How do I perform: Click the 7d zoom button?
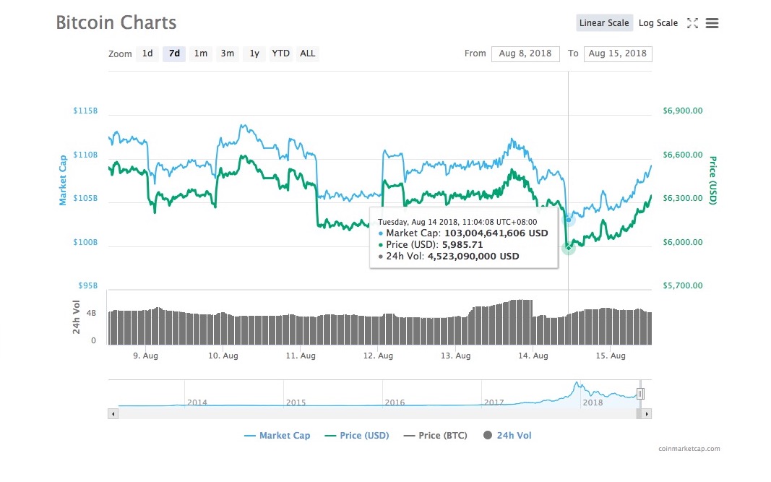[174, 53]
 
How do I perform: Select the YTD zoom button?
[281, 53]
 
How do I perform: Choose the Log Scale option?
[658, 23]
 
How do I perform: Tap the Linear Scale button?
[604, 23]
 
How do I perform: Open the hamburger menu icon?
[712, 23]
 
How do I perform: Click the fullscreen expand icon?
[692, 23]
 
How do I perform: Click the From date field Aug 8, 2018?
[525, 53]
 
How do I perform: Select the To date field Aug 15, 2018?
[618, 53]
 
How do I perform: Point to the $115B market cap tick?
[85, 111]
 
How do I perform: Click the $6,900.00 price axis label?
[683, 111]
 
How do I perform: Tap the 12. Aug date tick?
[378, 356]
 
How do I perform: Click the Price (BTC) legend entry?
[435, 435]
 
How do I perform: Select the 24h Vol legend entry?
[507, 435]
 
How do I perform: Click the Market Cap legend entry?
[277, 435]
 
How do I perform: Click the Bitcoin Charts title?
[116, 22]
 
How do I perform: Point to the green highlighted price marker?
[569, 247]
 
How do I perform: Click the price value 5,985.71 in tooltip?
[462, 244]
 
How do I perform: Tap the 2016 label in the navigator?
[395, 403]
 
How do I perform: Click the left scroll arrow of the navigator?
[113, 414]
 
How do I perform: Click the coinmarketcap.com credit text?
[689, 449]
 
